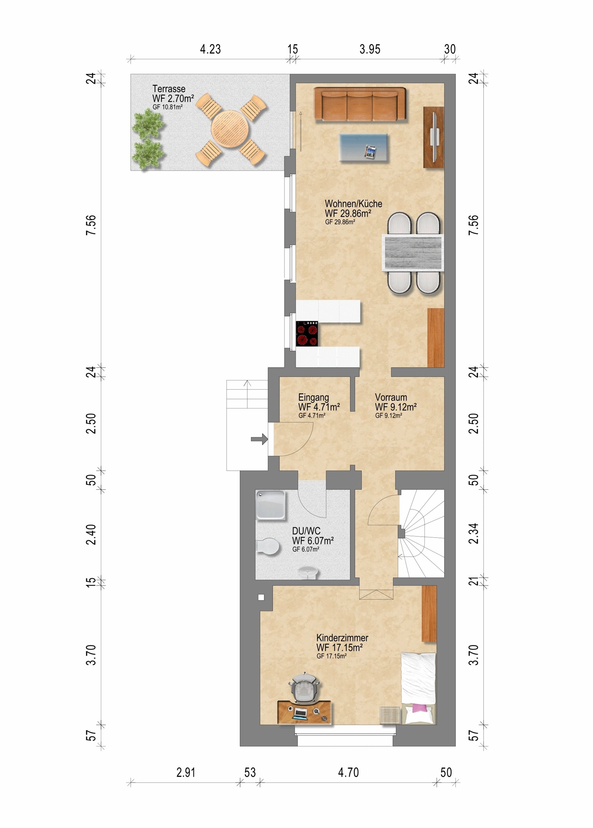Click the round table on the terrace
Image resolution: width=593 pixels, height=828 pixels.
(x=230, y=128)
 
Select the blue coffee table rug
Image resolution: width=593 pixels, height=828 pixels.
(x=364, y=147)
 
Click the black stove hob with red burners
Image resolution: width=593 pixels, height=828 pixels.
(x=307, y=333)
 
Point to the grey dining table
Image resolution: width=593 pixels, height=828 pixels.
(x=412, y=253)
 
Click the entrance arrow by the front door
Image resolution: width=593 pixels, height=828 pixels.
(x=260, y=439)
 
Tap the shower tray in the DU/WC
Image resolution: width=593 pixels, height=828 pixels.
(x=270, y=505)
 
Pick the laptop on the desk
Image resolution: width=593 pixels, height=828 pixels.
(x=300, y=713)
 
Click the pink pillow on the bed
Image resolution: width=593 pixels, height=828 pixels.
(x=419, y=708)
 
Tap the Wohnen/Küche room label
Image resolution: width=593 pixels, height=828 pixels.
(x=354, y=204)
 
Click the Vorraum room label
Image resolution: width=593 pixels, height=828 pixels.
(x=391, y=397)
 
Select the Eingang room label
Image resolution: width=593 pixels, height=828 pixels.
(x=313, y=397)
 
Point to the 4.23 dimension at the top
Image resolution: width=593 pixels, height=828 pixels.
(x=210, y=49)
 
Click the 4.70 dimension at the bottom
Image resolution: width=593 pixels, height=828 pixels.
(x=348, y=773)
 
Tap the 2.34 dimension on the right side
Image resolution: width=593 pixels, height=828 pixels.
(x=473, y=534)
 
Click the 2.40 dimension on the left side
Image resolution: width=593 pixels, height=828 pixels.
(x=91, y=534)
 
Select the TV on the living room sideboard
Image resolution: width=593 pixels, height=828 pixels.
(x=434, y=137)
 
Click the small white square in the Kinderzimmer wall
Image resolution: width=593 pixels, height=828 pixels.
(x=261, y=597)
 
